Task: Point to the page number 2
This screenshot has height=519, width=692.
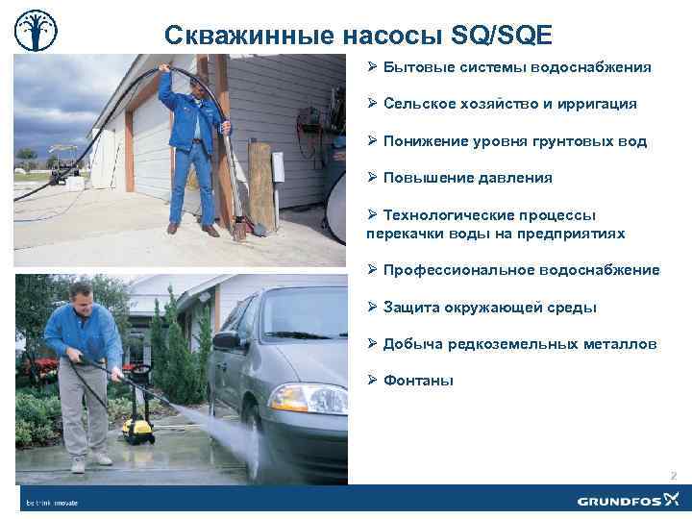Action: point(673,476)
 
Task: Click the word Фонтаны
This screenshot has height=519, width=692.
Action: point(418,381)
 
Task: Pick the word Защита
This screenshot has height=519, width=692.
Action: point(408,308)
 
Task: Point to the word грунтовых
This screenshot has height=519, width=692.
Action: point(566,141)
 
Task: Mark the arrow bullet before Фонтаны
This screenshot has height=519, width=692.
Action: point(373,381)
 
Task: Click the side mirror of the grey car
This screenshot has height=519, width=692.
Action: point(228,340)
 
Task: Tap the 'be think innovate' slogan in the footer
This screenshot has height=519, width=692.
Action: point(52,502)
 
